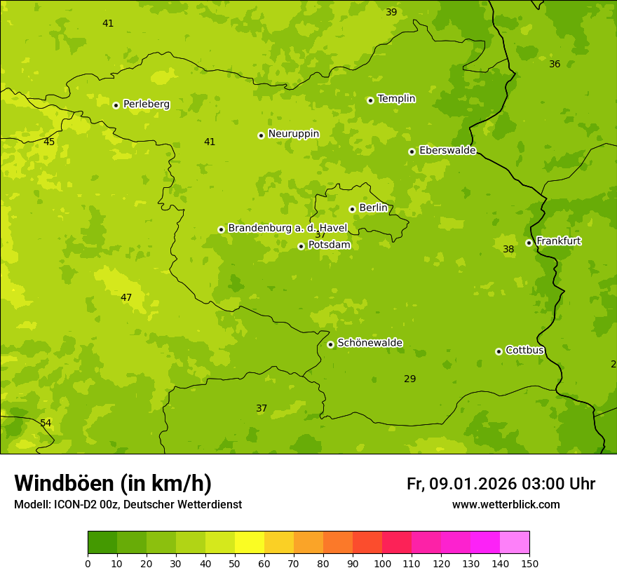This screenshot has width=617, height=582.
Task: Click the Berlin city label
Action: tap(373, 208)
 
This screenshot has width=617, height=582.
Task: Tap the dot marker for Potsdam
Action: tap(301, 246)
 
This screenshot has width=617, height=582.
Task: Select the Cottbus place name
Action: tap(524, 350)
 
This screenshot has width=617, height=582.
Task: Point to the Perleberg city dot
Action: tap(116, 105)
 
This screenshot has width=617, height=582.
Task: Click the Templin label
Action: tap(396, 99)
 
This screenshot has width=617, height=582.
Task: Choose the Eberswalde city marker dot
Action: tap(412, 151)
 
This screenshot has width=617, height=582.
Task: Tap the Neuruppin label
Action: tap(293, 134)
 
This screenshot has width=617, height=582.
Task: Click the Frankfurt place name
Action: tap(558, 241)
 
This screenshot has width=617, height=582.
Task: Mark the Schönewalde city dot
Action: tap(330, 344)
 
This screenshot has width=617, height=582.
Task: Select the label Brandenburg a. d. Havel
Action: tap(287, 229)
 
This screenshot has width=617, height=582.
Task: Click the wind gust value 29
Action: tap(409, 379)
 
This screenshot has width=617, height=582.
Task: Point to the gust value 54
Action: tap(46, 424)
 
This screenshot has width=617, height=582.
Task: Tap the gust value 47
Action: tap(126, 298)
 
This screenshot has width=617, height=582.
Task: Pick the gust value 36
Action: tap(555, 65)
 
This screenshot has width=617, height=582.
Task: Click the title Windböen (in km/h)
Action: tap(113, 483)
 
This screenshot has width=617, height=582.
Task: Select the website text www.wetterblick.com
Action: tap(506, 505)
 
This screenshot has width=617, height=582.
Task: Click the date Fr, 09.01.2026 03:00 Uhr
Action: tap(501, 484)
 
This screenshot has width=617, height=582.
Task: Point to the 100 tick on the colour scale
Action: tap(382, 563)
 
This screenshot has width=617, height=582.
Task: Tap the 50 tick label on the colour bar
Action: tap(235, 563)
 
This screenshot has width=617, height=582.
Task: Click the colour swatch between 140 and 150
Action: tap(515, 543)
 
